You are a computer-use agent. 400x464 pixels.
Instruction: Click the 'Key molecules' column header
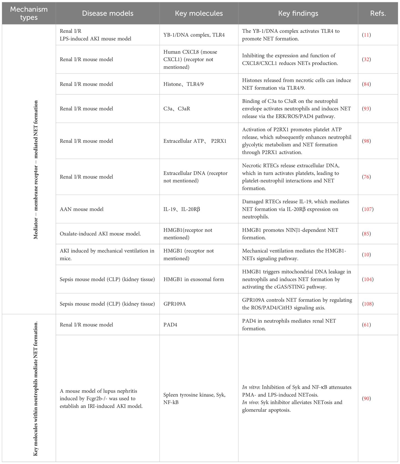coord(199,13)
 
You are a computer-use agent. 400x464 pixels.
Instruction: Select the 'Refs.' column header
coord(378,13)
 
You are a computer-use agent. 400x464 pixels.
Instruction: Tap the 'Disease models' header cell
coord(108,13)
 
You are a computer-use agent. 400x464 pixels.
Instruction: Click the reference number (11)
coord(366,35)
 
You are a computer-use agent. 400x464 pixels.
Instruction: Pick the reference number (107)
coord(368,209)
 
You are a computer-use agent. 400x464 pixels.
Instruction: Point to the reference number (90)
coord(366,398)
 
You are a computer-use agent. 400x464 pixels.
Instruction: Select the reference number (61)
coord(366,325)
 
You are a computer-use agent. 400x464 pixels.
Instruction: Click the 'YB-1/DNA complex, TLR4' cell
coord(194,35)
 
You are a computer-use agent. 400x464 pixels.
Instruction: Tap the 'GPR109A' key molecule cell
coord(175,304)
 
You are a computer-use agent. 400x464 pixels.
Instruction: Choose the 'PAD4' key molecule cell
coord(170,325)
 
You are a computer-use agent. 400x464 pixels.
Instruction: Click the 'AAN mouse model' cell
coord(82,209)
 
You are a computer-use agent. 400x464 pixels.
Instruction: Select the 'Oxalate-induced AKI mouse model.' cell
coord(100,234)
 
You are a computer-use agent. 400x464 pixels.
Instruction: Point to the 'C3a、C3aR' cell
coord(177,109)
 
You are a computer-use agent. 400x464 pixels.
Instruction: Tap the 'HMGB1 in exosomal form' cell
coord(194,279)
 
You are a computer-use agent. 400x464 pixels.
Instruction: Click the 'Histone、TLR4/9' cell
coord(184,84)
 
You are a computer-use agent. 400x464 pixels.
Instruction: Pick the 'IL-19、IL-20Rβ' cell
coord(182,209)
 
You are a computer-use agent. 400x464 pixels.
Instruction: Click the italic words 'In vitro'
coord(251,387)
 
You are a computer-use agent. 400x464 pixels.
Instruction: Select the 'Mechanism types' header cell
coord(29,13)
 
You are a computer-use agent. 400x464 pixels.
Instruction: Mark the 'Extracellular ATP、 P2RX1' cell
coord(195,141)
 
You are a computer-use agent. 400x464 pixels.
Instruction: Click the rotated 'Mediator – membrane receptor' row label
coord(36,170)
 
